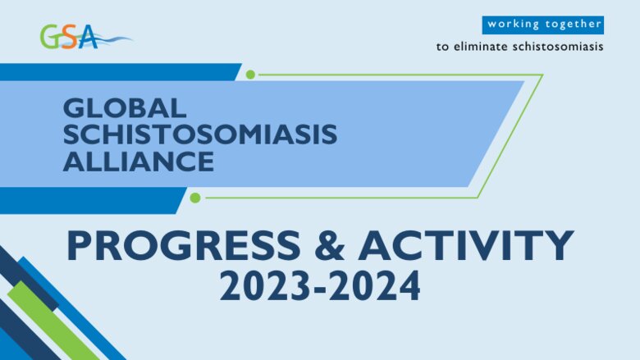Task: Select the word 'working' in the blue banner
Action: pyautogui.click(x=514, y=25)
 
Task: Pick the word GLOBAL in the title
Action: pyautogui.click(x=126, y=108)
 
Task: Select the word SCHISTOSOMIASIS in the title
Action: pyautogui.click(x=200, y=134)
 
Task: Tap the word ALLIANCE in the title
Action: pyautogui.click(x=139, y=161)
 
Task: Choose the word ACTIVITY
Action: pyautogui.click(x=465, y=246)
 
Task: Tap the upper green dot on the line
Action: pyautogui.click(x=251, y=75)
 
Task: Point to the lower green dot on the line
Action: pyautogui.click(x=195, y=198)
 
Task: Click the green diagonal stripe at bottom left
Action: pyautogui.click(x=49, y=320)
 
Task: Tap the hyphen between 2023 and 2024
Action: pyautogui.click(x=322, y=289)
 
